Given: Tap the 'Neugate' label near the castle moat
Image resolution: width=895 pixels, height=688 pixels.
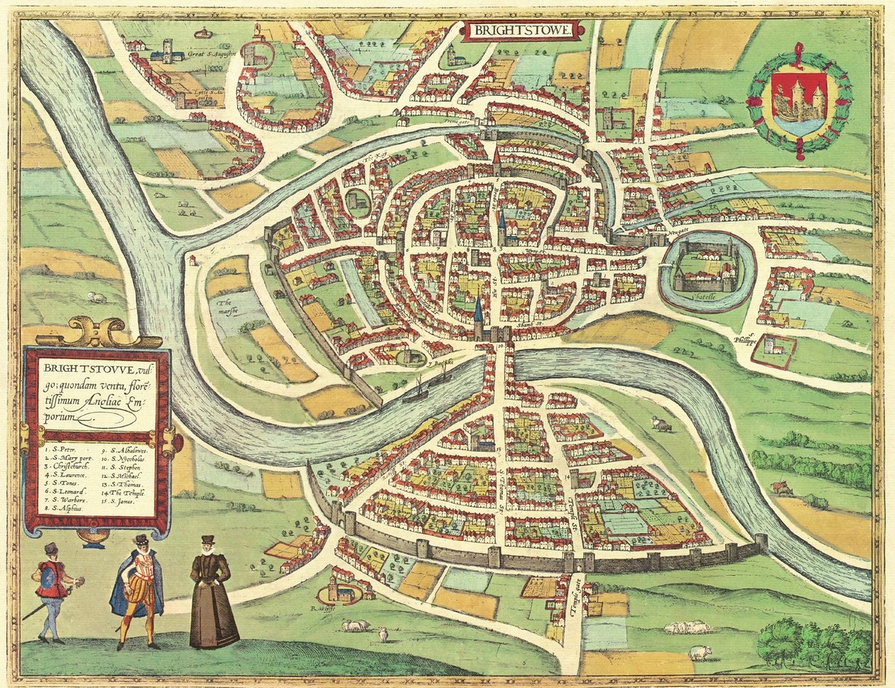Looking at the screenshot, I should click(x=679, y=231).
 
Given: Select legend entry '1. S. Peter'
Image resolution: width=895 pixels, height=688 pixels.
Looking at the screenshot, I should click(x=60, y=449).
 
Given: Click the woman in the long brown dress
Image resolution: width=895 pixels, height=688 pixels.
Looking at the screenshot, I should click(x=212, y=593).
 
